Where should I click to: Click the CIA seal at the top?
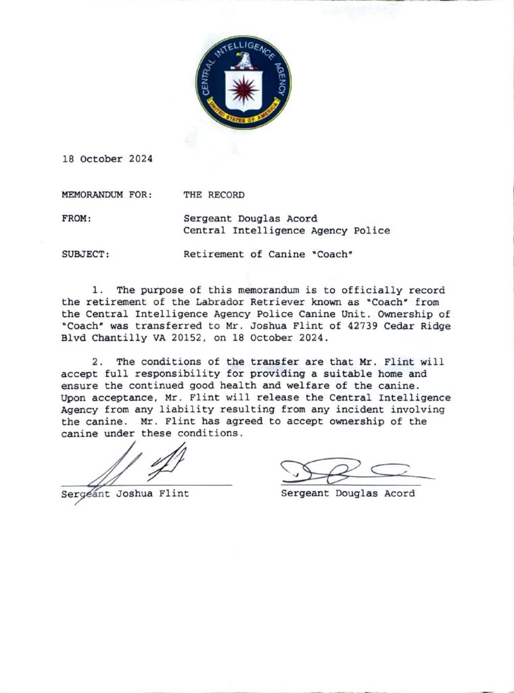pos(243,83)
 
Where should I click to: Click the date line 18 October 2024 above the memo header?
pos(107,159)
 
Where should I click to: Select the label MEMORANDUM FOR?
pos(107,195)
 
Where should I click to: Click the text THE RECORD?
pos(214,195)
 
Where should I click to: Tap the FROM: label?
pos(76,219)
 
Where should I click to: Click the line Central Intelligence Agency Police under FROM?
pos(287,231)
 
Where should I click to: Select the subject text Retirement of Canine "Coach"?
pos(260,254)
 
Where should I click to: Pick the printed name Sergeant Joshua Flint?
pos(125,493)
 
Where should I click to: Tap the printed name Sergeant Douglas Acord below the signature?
pos(348,493)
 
